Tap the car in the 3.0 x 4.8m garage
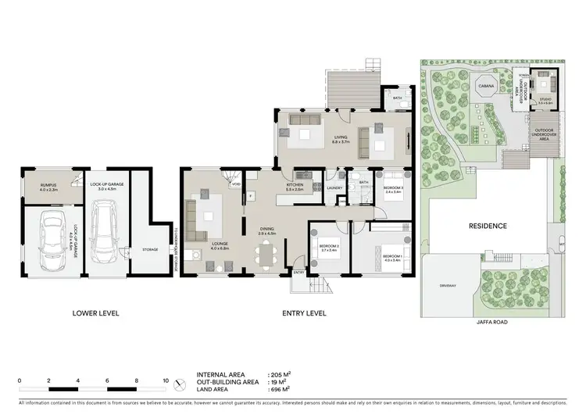click(103, 232)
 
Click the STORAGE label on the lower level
click(150, 250)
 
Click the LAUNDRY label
click(336, 188)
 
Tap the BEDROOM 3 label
click(393, 188)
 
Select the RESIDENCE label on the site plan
click(488, 227)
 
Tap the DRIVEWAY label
click(448, 286)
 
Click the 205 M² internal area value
click(277, 375)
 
